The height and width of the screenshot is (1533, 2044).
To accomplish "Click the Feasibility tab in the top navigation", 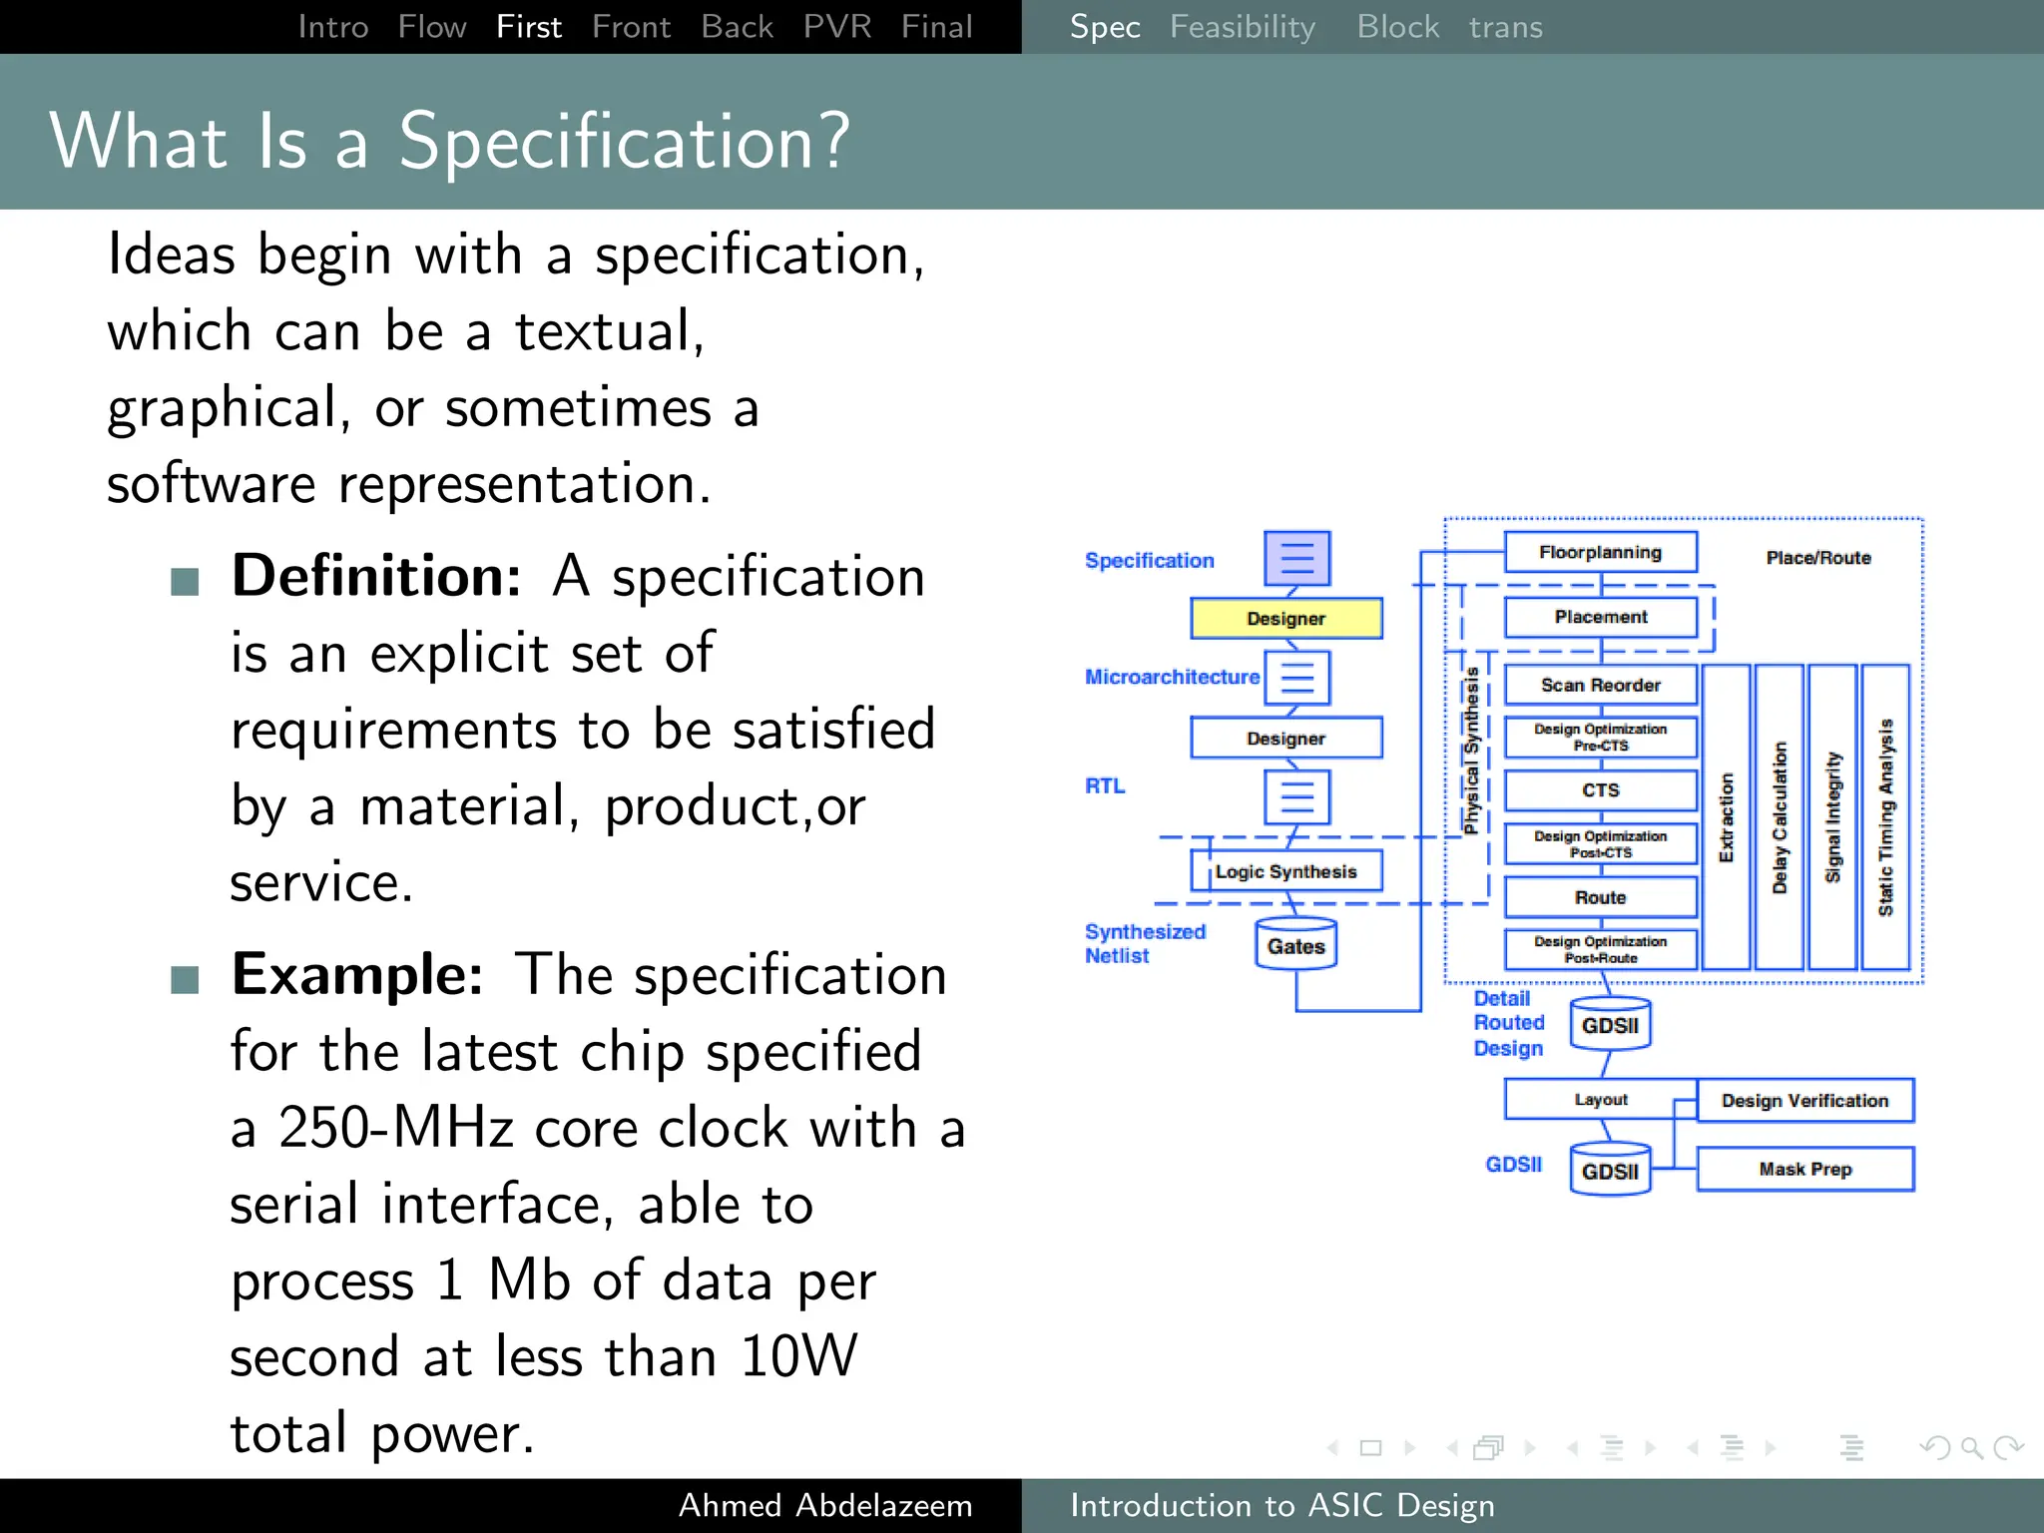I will tap(1242, 27).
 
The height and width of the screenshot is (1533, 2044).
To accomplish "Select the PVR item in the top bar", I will tap(836, 27).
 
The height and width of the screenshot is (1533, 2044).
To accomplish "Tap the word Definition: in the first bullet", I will tap(376, 577).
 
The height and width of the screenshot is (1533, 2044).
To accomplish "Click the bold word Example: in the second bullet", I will tap(357, 975).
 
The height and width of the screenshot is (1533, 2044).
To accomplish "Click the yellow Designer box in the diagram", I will tap(1285, 619).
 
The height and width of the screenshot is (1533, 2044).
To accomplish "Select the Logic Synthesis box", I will tap(1285, 871).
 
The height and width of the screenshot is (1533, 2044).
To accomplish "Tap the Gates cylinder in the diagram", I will tap(1295, 945).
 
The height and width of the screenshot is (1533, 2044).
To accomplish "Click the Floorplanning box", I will tap(1600, 552).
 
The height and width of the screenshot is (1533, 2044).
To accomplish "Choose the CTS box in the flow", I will tap(1600, 789).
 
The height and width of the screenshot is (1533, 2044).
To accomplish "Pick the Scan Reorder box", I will tap(1600, 685).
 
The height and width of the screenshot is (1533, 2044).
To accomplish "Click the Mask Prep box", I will tap(1804, 1169).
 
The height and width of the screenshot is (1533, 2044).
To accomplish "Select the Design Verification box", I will tap(1804, 1101).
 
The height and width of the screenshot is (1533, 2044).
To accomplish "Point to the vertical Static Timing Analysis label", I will tap(1885, 816).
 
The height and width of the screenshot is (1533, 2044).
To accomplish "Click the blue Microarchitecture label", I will tap(1172, 677).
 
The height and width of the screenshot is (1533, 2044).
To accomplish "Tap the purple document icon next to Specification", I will tap(1296, 558).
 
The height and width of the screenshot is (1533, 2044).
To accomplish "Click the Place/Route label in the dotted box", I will tap(1817, 558).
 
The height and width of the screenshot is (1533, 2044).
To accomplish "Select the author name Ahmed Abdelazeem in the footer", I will tap(824, 1505).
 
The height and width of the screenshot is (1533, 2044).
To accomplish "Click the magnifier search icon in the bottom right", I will tap(1970, 1447).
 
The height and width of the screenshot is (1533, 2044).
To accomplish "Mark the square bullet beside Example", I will tap(185, 980).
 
